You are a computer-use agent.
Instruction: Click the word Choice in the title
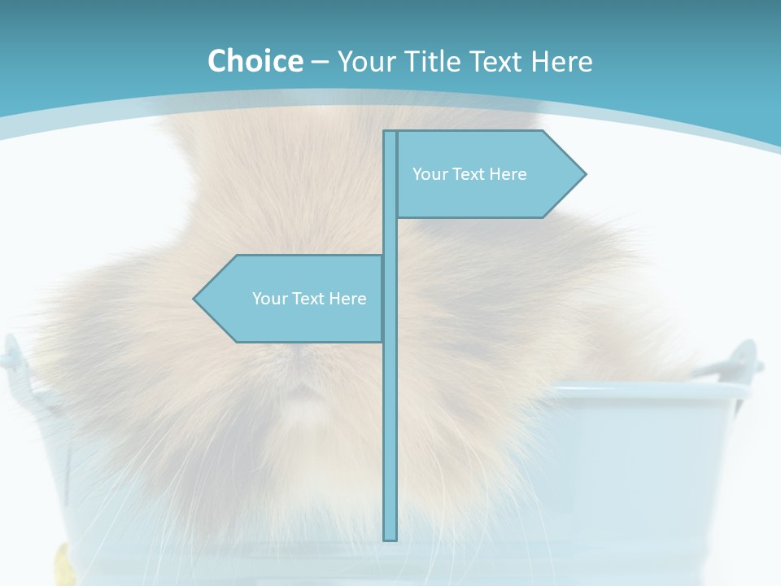click(255, 61)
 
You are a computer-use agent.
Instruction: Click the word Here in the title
click(561, 61)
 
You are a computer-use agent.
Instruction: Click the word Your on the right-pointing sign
click(430, 174)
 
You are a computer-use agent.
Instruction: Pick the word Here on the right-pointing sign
click(507, 174)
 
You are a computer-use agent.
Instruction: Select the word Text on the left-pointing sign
click(309, 299)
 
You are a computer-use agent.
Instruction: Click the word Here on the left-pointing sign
click(347, 299)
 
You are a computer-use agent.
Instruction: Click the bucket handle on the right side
click(742, 358)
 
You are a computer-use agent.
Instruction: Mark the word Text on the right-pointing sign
click(469, 174)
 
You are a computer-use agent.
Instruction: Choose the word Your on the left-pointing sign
click(269, 299)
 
